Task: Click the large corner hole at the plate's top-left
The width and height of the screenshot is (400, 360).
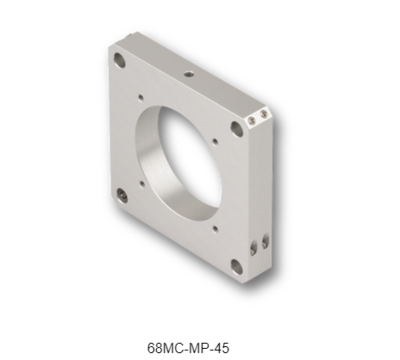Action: (x=119, y=60)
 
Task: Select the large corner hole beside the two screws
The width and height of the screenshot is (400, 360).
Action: (x=237, y=129)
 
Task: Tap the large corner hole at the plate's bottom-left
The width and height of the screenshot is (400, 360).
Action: (x=122, y=195)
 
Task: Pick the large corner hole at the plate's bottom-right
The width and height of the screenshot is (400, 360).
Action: (x=237, y=267)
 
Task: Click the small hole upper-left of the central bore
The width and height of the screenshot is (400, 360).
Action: (x=141, y=98)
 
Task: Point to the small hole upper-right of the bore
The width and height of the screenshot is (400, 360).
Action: (x=215, y=142)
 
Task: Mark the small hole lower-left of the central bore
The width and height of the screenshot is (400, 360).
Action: (x=142, y=183)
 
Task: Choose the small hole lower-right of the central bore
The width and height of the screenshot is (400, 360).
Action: (x=215, y=229)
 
